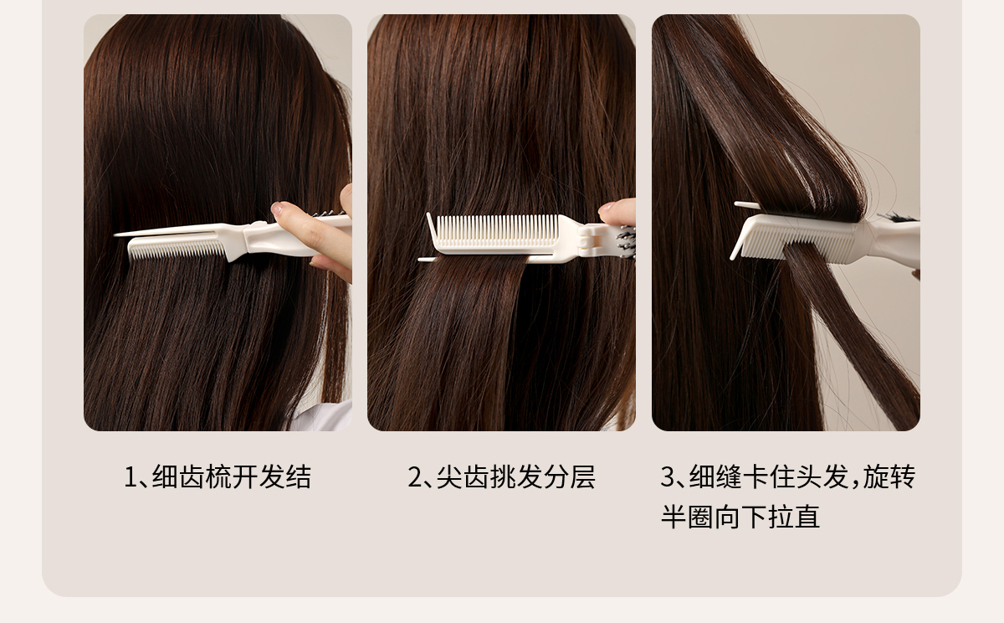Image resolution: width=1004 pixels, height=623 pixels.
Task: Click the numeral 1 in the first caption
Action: click(x=130, y=476)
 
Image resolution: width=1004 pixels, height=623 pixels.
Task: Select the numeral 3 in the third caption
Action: click(x=668, y=476)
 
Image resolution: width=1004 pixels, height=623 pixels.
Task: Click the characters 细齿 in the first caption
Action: click(x=178, y=476)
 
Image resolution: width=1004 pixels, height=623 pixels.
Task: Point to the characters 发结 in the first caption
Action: click(x=285, y=476)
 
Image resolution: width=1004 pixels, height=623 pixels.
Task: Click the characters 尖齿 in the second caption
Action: click(x=463, y=476)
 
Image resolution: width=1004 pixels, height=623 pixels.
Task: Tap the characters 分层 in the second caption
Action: click(x=569, y=476)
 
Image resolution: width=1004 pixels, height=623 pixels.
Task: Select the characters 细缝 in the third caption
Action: click(x=716, y=476)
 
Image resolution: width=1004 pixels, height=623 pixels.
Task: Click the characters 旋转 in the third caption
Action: click(x=889, y=476)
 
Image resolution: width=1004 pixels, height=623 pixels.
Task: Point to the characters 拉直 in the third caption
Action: click(x=794, y=517)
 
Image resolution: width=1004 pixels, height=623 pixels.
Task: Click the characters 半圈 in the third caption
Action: click(x=688, y=517)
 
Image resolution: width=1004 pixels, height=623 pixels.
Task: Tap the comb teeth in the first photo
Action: click(x=177, y=250)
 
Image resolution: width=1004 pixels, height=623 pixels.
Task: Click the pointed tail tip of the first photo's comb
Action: click(x=115, y=234)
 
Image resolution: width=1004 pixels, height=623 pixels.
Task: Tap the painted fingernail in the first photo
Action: click(x=277, y=208)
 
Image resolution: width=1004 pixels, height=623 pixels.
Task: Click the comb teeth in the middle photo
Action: click(x=498, y=230)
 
